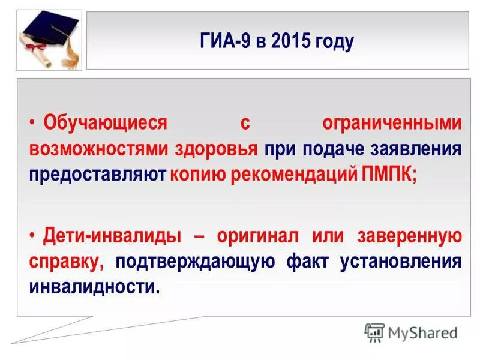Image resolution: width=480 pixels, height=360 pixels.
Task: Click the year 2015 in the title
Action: [290, 42]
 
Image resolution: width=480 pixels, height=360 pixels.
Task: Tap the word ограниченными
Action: [392, 123]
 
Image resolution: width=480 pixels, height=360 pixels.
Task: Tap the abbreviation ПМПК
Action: [388, 175]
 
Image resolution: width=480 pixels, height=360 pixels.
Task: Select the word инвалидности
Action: [94, 287]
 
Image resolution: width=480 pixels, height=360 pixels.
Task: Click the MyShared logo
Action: [411, 331]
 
